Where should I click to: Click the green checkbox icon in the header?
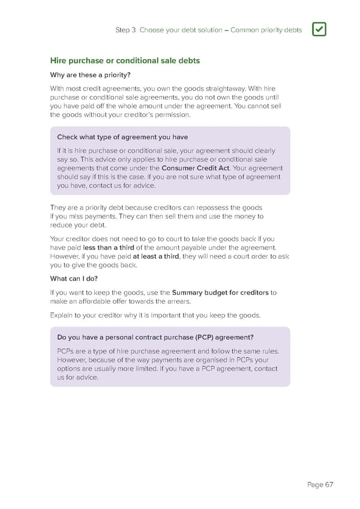[319, 29]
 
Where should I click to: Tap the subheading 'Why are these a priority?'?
[89, 75]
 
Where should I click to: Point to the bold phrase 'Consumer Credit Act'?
[196, 168]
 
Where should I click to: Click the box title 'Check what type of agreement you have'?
[122, 137]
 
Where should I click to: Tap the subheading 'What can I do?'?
[74, 279]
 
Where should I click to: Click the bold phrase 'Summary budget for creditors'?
[220, 293]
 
